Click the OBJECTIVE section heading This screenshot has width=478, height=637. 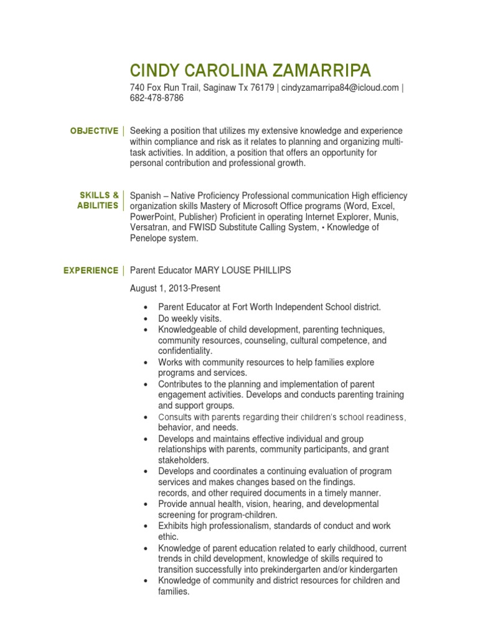point(94,131)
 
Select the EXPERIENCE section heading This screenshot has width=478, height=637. point(90,271)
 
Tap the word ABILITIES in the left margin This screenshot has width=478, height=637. point(98,206)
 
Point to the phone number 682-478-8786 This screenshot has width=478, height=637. point(157,98)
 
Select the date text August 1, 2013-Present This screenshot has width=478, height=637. point(175,289)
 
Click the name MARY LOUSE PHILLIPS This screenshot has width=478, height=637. point(243,271)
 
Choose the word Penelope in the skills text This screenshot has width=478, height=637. point(151,238)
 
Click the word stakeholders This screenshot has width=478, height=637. point(184,460)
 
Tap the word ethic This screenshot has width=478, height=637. point(168,537)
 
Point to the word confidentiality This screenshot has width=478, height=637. point(185,351)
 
